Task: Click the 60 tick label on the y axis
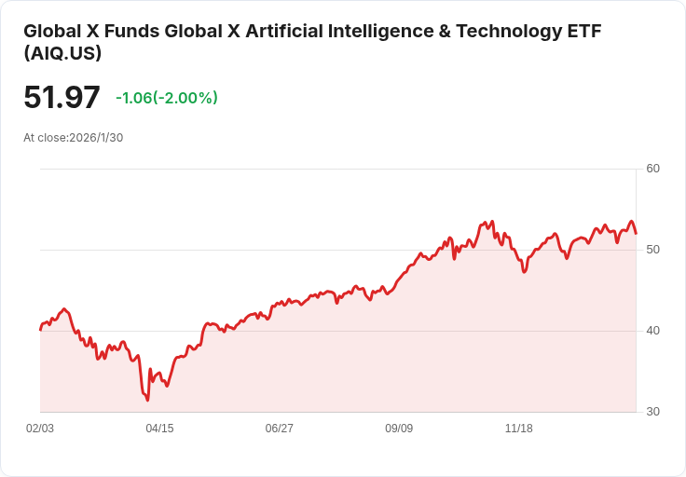(x=652, y=169)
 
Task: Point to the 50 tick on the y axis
(x=652, y=250)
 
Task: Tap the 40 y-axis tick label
(x=652, y=331)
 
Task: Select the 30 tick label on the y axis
(x=652, y=412)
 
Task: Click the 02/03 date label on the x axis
(x=40, y=429)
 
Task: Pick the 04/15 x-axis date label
(x=159, y=429)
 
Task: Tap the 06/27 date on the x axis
(x=279, y=429)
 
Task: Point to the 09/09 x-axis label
(x=399, y=429)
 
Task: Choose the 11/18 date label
(x=519, y=429)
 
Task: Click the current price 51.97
(x=62, y=97)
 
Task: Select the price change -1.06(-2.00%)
(x=167, y=98)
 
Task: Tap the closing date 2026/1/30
(x=96, y=138)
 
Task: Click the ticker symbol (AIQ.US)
(x=62, y=53)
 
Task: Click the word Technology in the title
(x=509, y=32)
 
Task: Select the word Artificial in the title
(x=284, y=31)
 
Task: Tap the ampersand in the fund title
(x=445, y=32)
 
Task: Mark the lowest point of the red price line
(x=147, y=400)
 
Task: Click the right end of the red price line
(x=636, y=234)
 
